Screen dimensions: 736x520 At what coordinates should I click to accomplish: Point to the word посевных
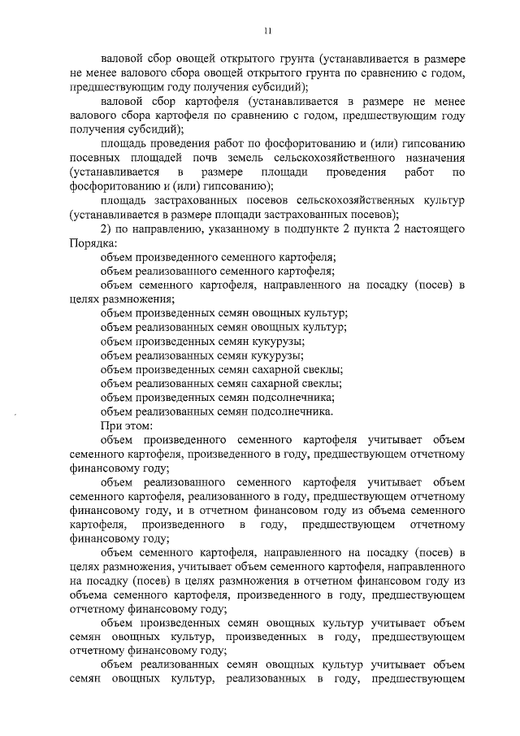point(94,157)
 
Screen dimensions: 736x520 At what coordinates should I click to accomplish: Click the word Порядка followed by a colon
point(93,242)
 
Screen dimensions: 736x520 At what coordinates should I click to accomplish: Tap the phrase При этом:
point(121,425)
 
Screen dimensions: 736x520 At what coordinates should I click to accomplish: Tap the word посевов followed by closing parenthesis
point(375,214)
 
